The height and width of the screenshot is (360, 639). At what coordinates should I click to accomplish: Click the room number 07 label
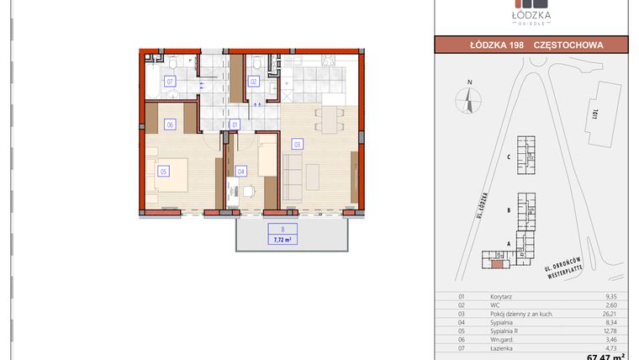(x=170, y=82)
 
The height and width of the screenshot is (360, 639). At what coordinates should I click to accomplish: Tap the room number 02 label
(x=252, y=82)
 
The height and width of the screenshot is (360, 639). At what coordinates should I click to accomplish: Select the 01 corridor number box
(x=235, y=124)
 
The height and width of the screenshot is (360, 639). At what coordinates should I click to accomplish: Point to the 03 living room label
(x=297, y=144)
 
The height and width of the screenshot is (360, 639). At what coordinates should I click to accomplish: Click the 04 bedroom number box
(x=241, y=171)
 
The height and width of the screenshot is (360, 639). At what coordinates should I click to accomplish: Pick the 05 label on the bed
(x=163, y=171)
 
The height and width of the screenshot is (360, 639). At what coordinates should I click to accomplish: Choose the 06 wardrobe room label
(x=170, y=124)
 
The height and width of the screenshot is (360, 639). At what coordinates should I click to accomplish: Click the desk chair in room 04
(x=247, y=191)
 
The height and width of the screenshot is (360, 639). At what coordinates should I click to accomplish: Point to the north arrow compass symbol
(x=469, y=100)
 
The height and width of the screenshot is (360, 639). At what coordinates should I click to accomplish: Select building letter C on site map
(x=510, y=156)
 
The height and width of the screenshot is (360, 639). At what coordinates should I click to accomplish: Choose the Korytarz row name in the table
(x=502, y=297)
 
